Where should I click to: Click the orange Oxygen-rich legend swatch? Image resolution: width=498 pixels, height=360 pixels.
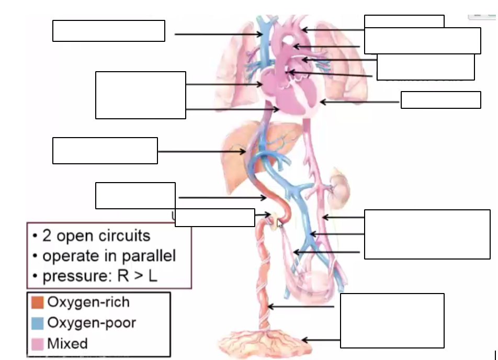click(x=37, y=302)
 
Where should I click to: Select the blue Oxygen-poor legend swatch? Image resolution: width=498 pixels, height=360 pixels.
click(x=37, y=323)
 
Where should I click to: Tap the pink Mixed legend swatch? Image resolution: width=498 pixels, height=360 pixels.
click(x=37, y=343)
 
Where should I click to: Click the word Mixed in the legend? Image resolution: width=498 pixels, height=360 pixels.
click(x=67, y=344)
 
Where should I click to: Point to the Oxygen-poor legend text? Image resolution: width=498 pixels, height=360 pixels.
click(x=92, y=323)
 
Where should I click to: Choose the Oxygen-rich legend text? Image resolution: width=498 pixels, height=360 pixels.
click(x=88, y=302)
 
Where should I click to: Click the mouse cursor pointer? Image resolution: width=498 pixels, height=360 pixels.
click(x=280, y=223)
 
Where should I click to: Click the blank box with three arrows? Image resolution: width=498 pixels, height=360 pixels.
click(x=427, y=234)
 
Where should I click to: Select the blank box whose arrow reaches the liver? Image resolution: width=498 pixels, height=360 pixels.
click(x=105, y=151)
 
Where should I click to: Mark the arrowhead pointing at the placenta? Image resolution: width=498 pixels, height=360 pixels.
click(x=304, y=340)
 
